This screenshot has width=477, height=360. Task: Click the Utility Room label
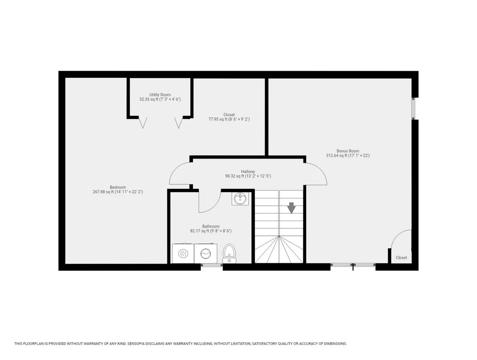pos(160,95)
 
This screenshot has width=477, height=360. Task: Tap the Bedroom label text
pos(118,187)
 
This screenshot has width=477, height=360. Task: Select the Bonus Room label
pos(348,151)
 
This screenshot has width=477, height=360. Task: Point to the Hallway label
pos(248,171)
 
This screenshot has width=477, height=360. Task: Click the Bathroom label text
pos(211,227)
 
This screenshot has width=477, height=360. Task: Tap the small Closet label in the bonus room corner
pos(401,258)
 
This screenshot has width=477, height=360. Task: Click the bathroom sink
pos(240,199)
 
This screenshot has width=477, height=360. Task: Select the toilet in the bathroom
pos(229,254)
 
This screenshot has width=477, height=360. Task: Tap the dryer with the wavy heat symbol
pos(183,254)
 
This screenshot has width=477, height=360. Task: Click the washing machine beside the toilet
pos(206,254)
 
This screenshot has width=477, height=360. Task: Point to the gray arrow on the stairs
pos(291,208)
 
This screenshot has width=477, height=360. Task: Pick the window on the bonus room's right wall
pos(413,109)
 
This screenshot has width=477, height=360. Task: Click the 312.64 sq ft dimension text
pos(348,155)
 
